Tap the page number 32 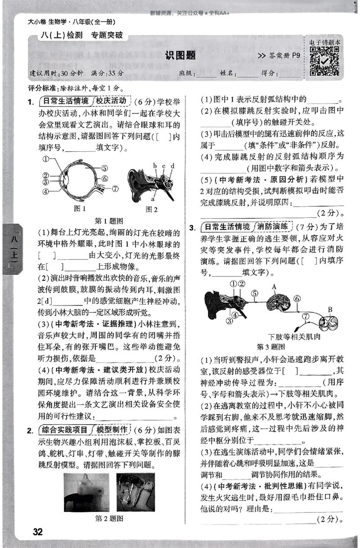click(37, 532)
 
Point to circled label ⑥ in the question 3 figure click(297, 298)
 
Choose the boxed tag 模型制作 click(111, 431)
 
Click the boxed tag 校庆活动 click(111, 100)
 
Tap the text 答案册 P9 click(279, 56)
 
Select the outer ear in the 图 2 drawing click(136, 184)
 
